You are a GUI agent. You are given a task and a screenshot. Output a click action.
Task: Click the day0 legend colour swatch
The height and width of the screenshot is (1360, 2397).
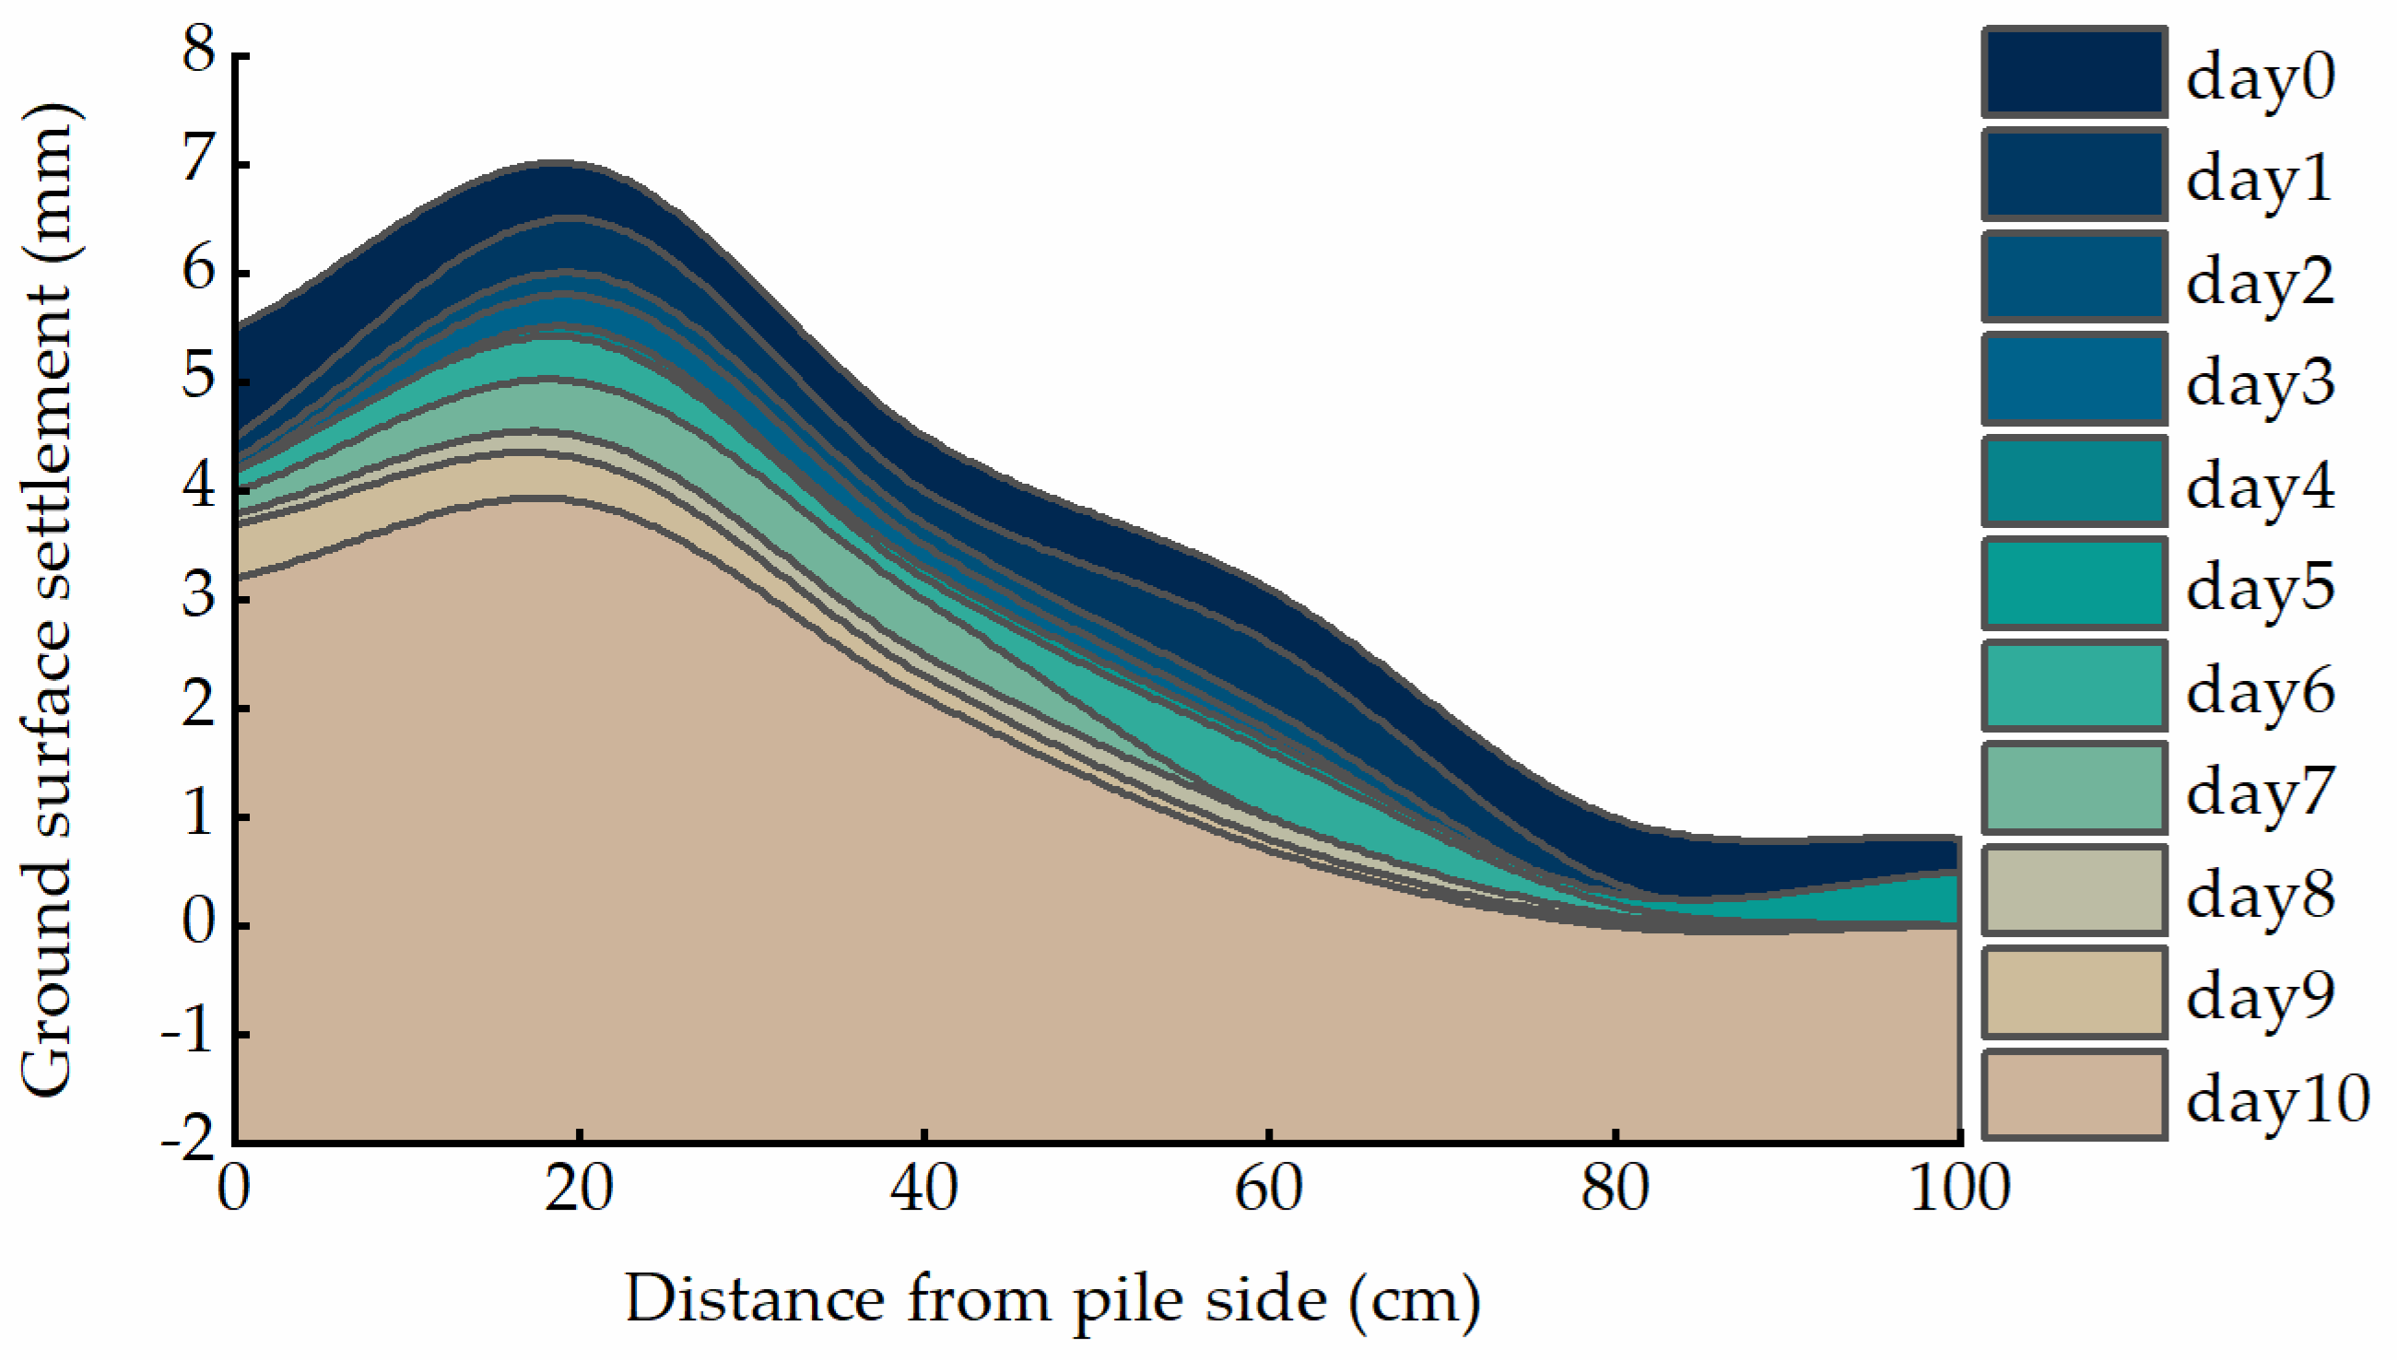point(2074,73)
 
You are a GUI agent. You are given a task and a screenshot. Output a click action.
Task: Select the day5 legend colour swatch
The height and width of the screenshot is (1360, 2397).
point(2074,583)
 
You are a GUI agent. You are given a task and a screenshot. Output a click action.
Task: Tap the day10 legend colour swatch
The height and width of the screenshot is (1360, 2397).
point(2074,1095)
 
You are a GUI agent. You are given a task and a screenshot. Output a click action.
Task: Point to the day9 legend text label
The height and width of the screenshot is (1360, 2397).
point(2260,996)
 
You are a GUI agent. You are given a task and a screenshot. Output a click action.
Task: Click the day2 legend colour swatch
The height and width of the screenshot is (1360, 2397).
point(2074,276)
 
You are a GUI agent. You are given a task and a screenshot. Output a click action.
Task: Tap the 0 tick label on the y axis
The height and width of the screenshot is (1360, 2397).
point(199,923)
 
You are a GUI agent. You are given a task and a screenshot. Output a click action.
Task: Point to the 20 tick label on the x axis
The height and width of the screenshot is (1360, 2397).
point(579,1190)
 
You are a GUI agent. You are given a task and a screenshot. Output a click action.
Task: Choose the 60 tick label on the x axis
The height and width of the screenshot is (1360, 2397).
point(1269,1190)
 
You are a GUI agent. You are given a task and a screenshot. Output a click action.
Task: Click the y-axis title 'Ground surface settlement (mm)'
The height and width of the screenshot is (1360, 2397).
point(47,598)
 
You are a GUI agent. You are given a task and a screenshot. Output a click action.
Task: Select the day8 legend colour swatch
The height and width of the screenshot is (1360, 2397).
point(2074,889)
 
